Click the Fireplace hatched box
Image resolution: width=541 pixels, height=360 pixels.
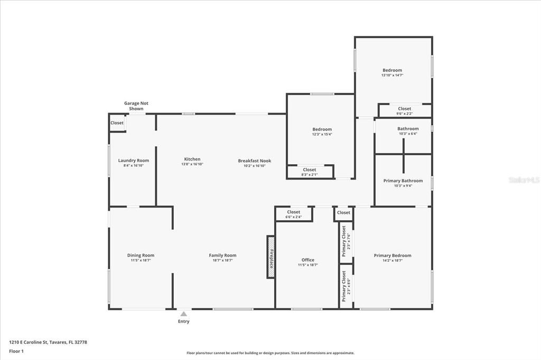270,257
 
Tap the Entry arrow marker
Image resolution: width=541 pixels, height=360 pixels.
183,314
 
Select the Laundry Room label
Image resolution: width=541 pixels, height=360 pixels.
133,160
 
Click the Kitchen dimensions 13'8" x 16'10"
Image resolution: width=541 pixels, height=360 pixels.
192,164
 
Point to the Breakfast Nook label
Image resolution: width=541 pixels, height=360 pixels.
254,160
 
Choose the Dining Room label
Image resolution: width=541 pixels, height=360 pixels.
141,255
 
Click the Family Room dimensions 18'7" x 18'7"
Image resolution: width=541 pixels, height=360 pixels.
222,260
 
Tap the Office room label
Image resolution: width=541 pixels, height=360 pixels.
308,260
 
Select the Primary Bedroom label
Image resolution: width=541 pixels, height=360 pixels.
393,255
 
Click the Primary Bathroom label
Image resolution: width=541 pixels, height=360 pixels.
403,181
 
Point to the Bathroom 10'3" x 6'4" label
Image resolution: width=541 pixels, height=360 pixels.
408,129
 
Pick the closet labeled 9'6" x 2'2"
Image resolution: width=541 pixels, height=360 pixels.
405,111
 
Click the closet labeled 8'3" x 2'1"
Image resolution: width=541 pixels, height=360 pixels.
310,172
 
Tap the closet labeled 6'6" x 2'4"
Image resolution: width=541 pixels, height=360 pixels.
294,214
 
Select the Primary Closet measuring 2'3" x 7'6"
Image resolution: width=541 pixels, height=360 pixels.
346,242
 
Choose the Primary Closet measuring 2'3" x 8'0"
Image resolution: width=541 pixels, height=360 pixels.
346,287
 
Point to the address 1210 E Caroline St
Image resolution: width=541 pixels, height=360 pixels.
48,342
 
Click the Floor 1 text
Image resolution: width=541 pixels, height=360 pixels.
16,351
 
